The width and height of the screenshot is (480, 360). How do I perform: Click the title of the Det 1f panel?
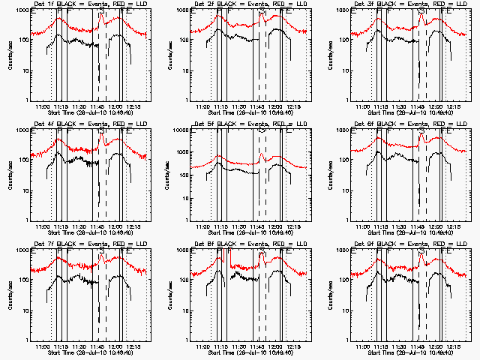[91, 5]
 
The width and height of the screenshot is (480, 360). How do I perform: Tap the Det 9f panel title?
[409, 245]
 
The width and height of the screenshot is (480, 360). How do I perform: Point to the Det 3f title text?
[409, 5]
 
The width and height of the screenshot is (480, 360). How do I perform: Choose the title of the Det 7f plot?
[91, 245]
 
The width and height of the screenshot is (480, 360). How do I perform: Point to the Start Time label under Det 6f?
[409, 232]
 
